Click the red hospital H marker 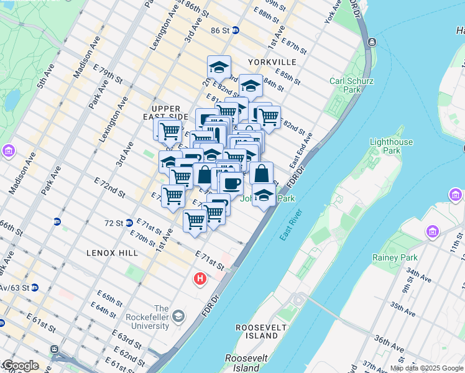(200, 279)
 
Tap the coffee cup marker (231, 183)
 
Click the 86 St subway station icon (235, 30)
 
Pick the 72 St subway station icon (129, 223)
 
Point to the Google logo (20, 366)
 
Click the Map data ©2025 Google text (426, 368)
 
